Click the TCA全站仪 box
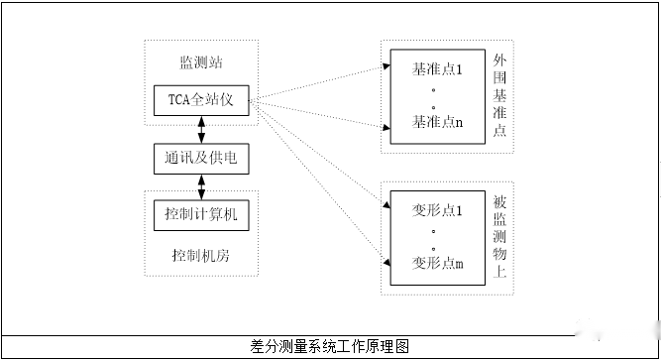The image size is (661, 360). click(201, 100)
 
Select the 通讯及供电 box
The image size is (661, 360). click(201, 158)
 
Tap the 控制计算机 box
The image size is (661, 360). click(201, 213)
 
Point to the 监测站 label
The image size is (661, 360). click(201, 62)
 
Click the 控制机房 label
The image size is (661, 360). click(201, 255)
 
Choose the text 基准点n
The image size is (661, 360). click(436, 122)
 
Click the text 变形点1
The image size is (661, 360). click(436, 209)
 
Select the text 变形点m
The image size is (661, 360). click(436, 263)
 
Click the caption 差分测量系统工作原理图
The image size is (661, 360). click(330, 346)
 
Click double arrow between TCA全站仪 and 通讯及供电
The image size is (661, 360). click(202, 129)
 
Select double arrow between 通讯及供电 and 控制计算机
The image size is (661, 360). click(202, 185)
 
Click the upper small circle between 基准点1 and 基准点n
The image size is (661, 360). click(436, 90)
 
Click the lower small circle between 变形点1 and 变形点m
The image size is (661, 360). click(436, 245)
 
